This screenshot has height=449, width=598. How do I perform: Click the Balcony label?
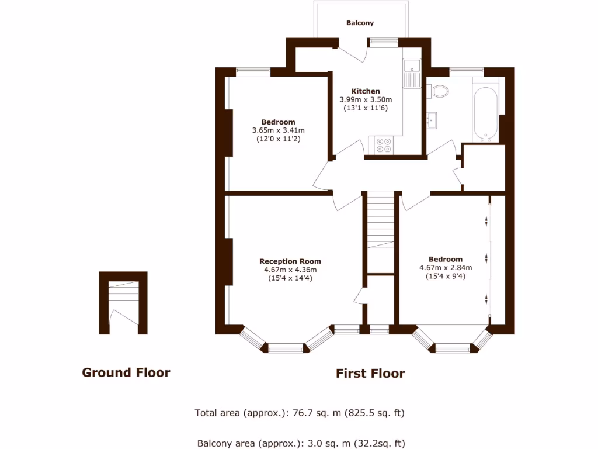360,23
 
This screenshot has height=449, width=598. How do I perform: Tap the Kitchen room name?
366,91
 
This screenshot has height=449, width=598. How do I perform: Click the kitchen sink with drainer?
412,72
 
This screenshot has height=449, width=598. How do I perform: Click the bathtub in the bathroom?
485,113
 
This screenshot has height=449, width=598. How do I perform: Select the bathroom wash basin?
432,119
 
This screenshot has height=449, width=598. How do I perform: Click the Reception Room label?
290,261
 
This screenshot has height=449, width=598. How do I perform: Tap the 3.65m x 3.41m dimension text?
279,130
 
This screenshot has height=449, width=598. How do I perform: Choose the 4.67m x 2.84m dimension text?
446,268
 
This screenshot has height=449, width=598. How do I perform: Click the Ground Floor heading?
126,372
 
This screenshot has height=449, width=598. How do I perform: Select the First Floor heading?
370,374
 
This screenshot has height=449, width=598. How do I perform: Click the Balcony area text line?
301,443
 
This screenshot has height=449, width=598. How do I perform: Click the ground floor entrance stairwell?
123,303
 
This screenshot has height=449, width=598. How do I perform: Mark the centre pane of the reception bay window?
286,349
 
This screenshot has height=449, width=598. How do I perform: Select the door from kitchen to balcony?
353,51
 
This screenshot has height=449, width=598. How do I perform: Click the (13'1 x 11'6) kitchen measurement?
366,108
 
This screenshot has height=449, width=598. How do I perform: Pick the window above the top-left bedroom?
253,72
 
